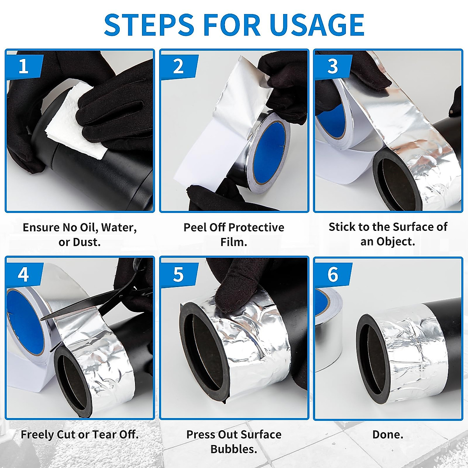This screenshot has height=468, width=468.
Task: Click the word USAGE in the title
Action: [x=317, y=25]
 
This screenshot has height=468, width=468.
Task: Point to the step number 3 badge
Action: [x=333, y=66]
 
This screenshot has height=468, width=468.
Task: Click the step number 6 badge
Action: [x=333, y=275]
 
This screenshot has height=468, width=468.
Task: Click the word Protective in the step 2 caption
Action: [x=256, y=227]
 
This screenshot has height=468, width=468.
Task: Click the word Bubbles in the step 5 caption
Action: [x=234, y=449]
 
